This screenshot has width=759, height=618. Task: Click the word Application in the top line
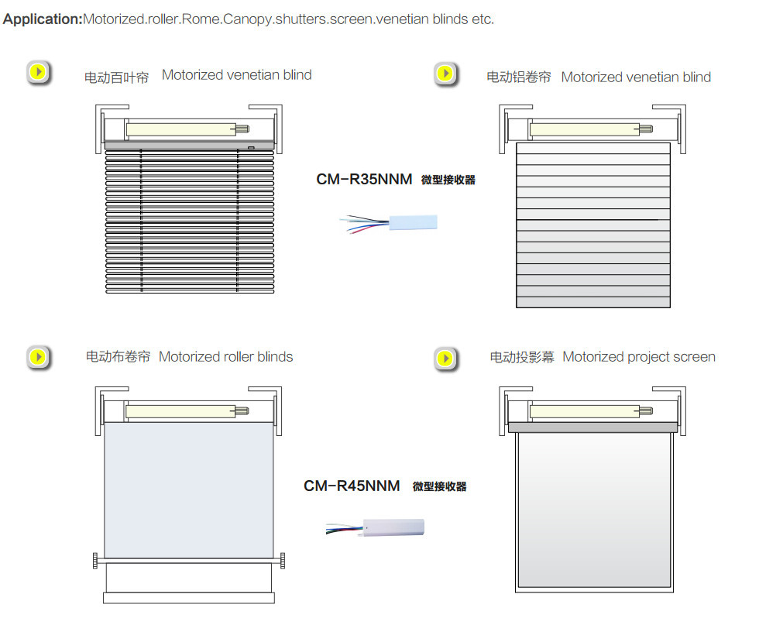coord(43,19)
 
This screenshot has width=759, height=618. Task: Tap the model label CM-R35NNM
coord(364,179)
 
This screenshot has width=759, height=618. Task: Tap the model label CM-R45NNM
coord(352,486)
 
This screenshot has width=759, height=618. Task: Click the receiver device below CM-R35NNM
coord(413,222)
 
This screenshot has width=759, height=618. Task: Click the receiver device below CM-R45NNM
coord(393,527)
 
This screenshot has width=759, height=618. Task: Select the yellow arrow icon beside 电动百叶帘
coord(39,73)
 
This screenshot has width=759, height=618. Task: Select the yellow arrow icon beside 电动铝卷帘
coord(446,74)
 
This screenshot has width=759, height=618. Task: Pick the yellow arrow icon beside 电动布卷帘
coord(39,358)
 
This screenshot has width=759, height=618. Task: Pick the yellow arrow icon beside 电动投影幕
coord(446,359)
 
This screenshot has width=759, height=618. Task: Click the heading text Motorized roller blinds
coord(225,357)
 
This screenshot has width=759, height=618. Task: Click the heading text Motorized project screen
coord(639,357)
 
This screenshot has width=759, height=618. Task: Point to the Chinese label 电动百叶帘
coord(117,77)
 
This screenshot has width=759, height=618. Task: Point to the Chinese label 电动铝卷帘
coord(519,77)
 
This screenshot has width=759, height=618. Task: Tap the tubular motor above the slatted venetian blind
coord(187,129)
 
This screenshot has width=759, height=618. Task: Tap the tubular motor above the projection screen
coord(591,411)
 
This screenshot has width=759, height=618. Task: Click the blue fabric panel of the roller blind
coord(189,489)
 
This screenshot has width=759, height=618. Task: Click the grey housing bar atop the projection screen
coord(593,427)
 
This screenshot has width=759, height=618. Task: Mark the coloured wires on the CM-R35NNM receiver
coord(365,224)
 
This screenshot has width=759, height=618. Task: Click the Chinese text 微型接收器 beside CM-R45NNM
coord(440,486)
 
